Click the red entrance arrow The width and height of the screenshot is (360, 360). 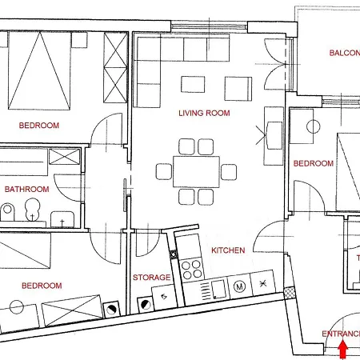click(344, 349)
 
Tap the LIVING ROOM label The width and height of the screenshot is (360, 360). click(204, 114)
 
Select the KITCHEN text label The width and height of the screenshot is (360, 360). click(228, 250)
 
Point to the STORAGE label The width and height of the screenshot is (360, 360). click(151, 278)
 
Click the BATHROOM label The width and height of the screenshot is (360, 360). click(26, 190)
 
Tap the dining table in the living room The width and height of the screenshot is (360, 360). click(197, 170)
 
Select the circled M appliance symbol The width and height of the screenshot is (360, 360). click(239, 285)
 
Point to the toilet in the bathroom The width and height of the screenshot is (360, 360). click(8, 212)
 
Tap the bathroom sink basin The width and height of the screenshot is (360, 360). click(61, 218)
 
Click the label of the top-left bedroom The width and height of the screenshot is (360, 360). click(40, 126)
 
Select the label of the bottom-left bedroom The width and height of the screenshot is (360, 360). click(42, 286)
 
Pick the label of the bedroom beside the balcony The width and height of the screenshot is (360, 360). click(314, 163)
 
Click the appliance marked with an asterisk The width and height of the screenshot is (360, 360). click(262, 283)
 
